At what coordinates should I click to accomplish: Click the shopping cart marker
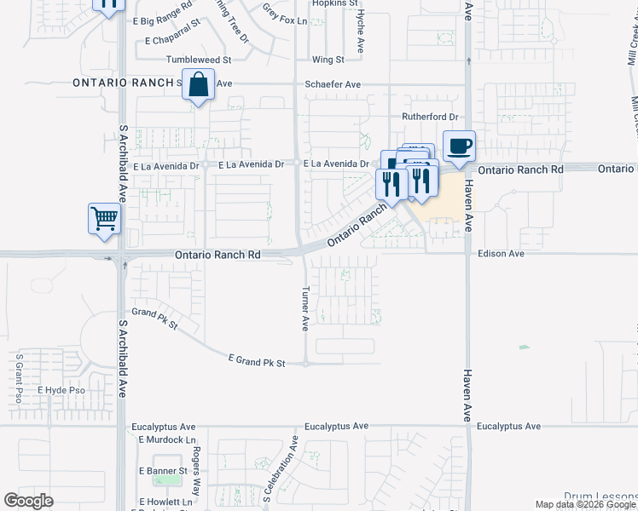[104, 218]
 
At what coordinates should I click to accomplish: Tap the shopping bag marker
[198, 85]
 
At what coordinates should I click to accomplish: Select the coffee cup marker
[459, 146]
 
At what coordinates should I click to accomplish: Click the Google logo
[28, 501]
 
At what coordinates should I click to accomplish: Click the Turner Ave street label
[304, 307]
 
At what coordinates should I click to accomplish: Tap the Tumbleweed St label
[198, 60]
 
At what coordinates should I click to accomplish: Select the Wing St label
[328, 60]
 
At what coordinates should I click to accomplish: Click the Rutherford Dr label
[430, 117]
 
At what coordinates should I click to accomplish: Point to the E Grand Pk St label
[256, 362]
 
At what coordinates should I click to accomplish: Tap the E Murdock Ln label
[166, 440]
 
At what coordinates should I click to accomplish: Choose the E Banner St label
[163, 470]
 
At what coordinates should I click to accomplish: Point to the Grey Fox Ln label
[284, 14]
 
